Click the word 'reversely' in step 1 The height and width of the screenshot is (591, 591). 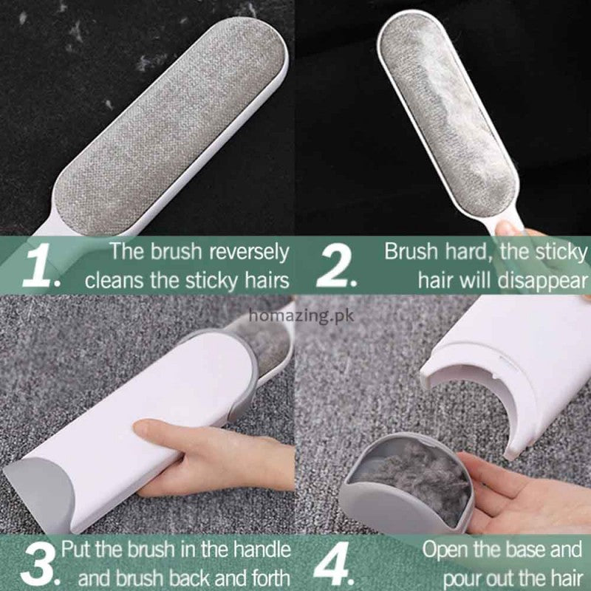(x=249, y=253)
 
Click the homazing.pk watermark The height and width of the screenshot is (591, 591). (x=301, y=316)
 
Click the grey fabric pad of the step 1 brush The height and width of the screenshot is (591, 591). (x=170, y=126)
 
